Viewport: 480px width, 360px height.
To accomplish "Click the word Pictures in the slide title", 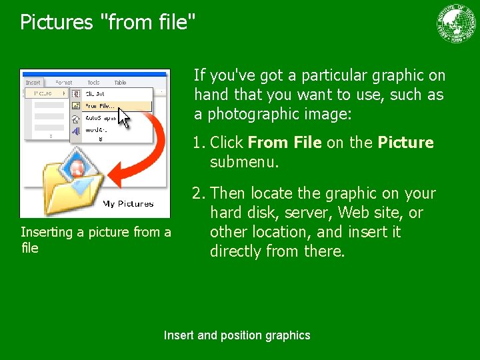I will coord(57,22).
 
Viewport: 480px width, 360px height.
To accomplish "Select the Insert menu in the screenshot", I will coord(33,83).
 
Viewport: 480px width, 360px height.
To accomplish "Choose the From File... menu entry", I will coord(99,105).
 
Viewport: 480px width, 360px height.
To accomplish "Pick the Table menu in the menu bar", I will coord(120,83).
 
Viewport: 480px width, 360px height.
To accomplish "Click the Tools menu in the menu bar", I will coord(93,83).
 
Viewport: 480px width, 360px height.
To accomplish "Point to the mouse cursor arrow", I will coord(125,118).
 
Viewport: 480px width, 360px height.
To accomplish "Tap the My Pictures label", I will coord(128,204).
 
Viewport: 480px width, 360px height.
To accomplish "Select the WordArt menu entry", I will coord(96,131).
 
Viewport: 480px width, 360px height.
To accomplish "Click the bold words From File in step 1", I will coord(285,143).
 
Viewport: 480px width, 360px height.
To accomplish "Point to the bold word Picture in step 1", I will coord(405,143).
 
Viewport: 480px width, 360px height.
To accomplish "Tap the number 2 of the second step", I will coord(197,194).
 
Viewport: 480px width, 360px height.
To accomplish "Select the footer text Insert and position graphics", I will coord(237,335).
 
